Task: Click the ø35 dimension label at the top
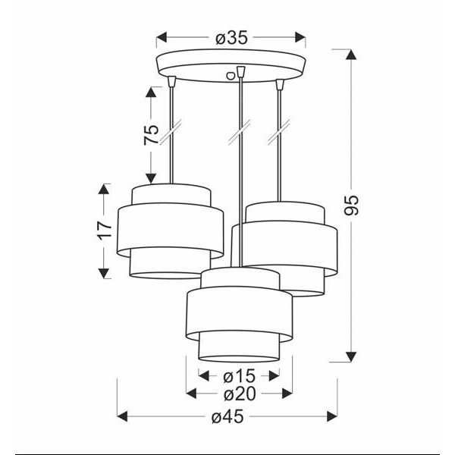pyautogui.click(x=231, y=37)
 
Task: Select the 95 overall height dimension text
pyautogui.click(x=351, y=204)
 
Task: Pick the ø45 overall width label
pyautogui.click(x=227, y=416)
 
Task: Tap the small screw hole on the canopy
pyautogui.click(x=231, y=74)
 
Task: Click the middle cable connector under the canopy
pyautogui.click(x=241, y=72)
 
